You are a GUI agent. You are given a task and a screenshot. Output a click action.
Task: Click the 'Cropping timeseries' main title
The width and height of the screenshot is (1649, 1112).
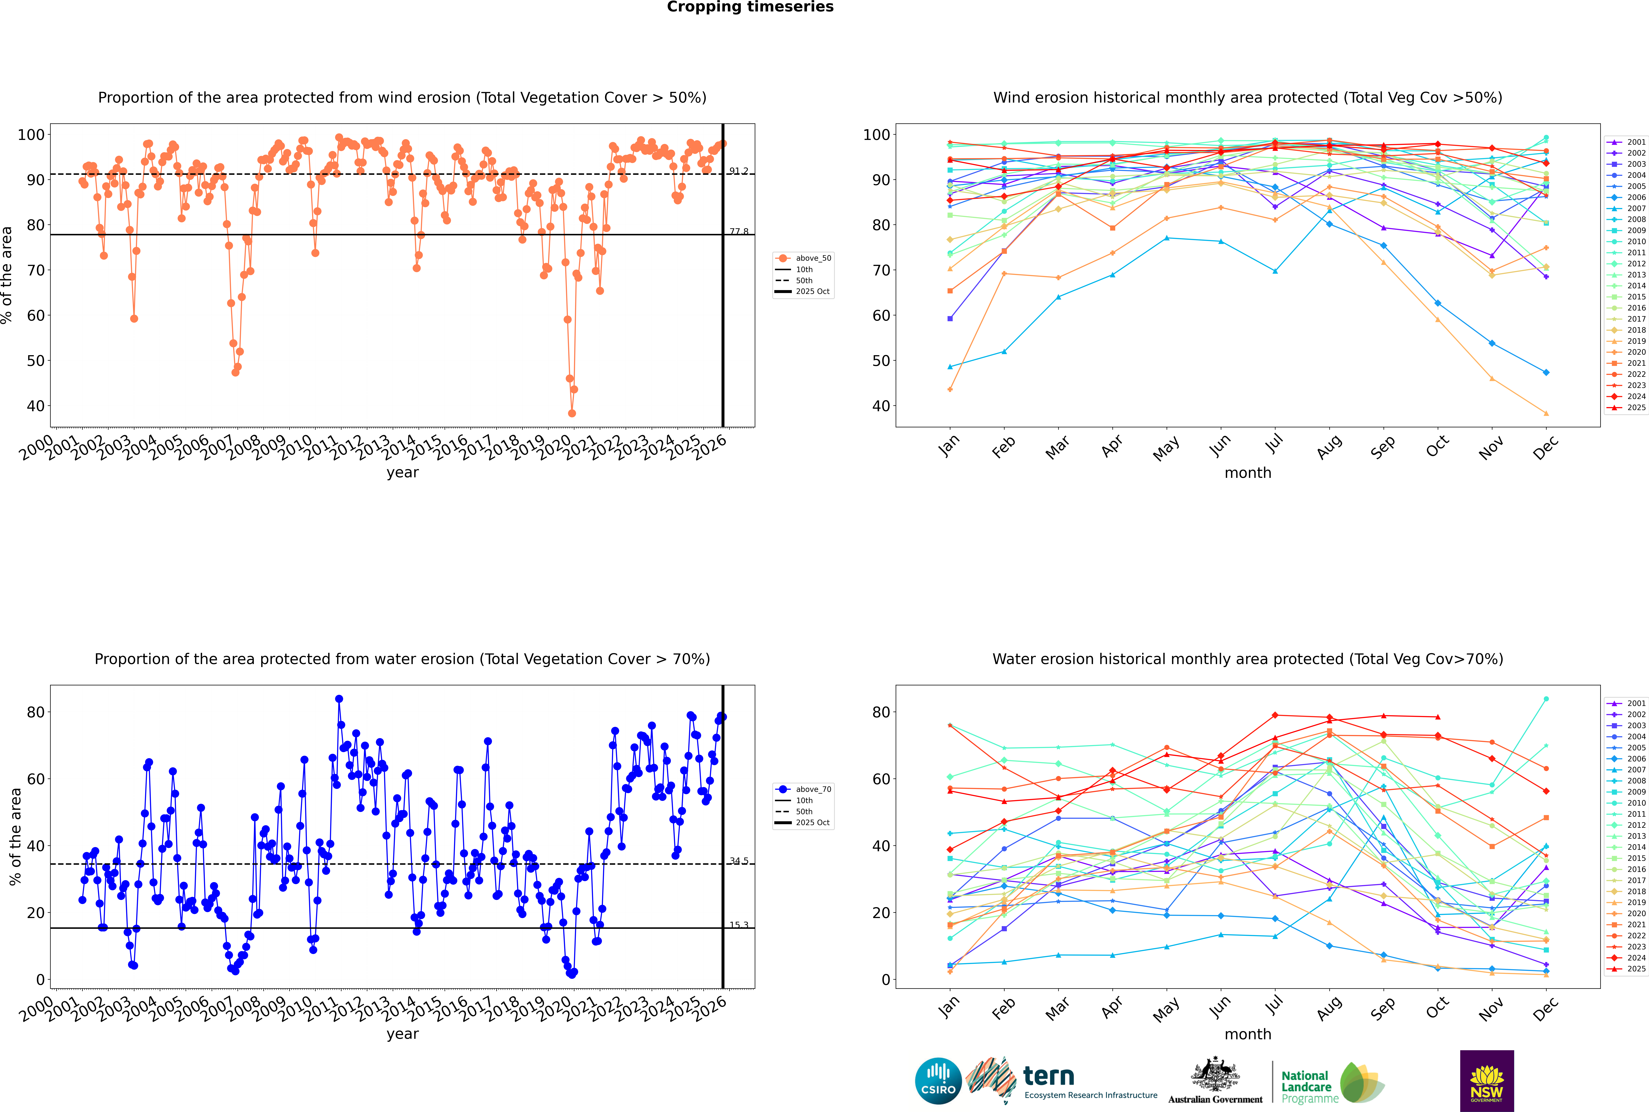point(750,7)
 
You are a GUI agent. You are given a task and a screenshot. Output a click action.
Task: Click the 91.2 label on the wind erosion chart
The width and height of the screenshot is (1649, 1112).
point(739,171)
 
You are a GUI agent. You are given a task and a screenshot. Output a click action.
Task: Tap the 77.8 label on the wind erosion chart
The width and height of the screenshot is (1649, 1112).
point(739,231)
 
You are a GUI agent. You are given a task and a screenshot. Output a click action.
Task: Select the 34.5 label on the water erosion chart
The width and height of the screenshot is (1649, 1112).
point(739,861)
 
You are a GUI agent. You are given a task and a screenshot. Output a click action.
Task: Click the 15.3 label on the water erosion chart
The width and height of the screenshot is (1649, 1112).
point(739,925)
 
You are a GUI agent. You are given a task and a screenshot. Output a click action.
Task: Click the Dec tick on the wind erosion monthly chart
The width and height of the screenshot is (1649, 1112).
point(1546,447)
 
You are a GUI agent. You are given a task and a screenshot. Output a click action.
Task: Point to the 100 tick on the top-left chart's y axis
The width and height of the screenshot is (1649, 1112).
point(31,135)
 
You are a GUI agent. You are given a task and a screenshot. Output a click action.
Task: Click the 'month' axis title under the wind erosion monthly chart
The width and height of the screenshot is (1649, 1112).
point(1248,473)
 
